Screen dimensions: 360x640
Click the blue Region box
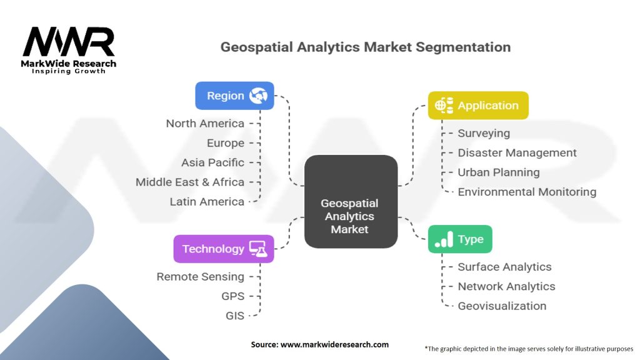[234, 96]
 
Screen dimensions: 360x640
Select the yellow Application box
[478, 106]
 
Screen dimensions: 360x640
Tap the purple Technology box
[223, 249]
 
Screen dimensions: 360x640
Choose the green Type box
[460, 239]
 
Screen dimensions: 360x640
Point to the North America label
[205, 123]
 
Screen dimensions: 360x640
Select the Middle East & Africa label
[190, 182]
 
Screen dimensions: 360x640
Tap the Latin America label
[207, 201]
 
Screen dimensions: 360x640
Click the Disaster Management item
[517, 152]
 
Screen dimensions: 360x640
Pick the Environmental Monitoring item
[527, 192]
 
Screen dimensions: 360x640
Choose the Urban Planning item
[498, 172]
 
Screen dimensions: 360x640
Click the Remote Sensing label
[200, 276]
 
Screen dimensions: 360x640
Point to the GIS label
[235, 316]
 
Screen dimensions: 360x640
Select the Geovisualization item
[502, 306]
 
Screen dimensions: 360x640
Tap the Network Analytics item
[506, 286]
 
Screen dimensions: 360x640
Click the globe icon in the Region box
[258, 96]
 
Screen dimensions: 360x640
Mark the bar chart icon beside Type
[444, 239]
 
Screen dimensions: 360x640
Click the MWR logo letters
[69, 42]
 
